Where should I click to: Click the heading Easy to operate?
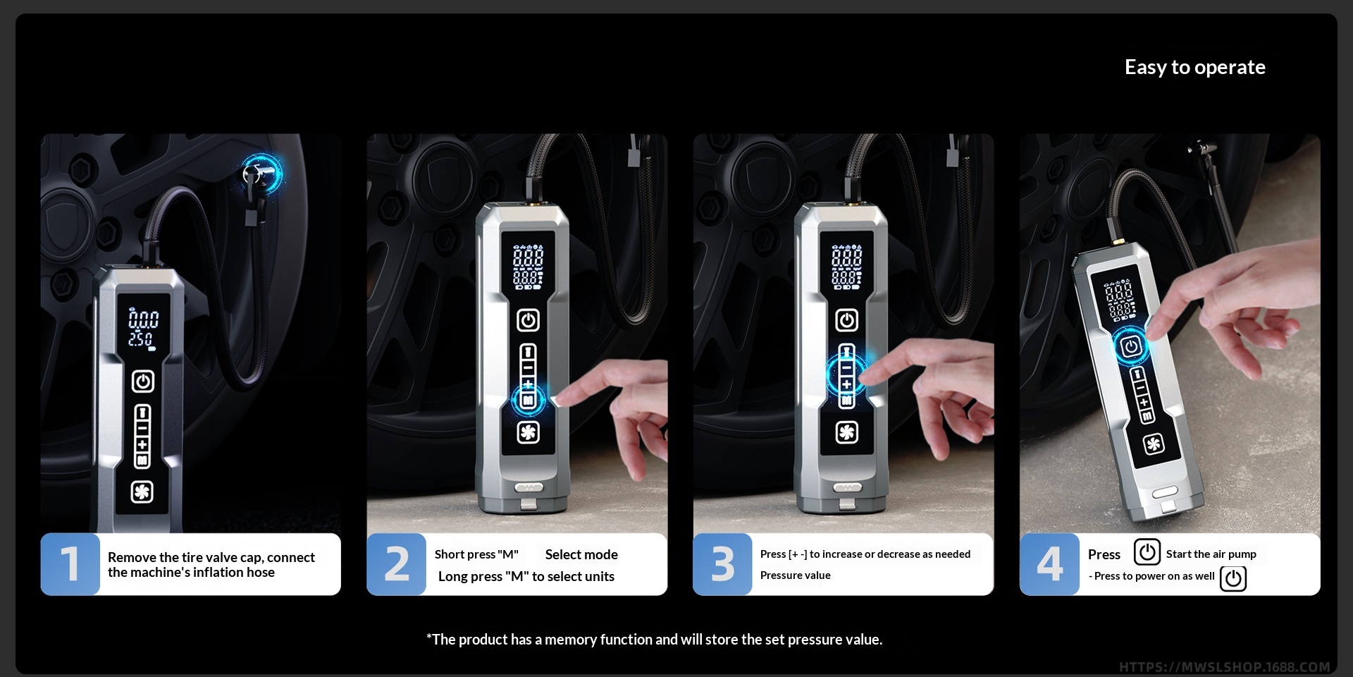[x=1194, y=67]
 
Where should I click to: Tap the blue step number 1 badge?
[x=70, y=564]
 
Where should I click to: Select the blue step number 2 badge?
[x=396, y=564]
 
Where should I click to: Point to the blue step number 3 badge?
[x=722, y=564]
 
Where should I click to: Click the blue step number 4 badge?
[x=1049, y=564]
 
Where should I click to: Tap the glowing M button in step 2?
[x=528, y=401]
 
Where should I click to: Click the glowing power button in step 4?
[x=1131, y=346]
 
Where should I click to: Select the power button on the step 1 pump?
[x=143, y=382]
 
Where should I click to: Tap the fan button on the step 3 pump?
[x=846, y=432]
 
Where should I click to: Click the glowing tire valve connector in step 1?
[x=261, y=173]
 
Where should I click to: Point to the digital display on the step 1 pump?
[x=142, y=329]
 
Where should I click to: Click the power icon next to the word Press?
[x=1147, y=551]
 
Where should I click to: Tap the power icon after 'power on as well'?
[x=1233, y=578]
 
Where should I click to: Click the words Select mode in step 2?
[x=581, y=554]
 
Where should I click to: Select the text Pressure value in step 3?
[x=795, y=575]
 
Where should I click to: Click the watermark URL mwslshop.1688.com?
[x=1224, y=667]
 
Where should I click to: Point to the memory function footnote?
[x=654, y=640]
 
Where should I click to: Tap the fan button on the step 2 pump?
[x=528, y=432]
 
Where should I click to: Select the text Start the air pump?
[x=1211, y=554]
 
